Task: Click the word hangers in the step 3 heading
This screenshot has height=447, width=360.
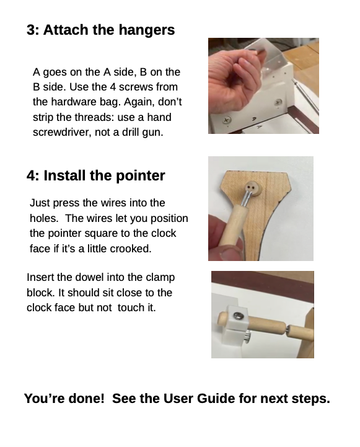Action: click(x=146, y=30)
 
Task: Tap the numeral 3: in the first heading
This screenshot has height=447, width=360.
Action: click(x=33, y=30)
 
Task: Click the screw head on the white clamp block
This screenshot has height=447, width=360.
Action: click(x=237, y=316)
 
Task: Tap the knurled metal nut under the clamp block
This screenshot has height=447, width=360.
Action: click(x=247, y=337)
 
